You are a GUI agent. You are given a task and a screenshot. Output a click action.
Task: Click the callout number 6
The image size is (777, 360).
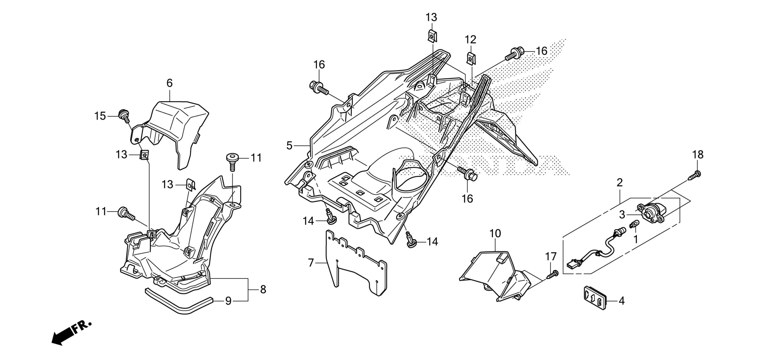(x=169, y=83)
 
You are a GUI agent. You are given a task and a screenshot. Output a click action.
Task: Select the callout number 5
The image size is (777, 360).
(x=289, y=146)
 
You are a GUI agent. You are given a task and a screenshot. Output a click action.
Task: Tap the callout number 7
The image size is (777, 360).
(x=310, y=263)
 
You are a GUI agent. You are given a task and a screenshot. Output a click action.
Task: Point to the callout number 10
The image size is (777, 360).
(x=495, y=234)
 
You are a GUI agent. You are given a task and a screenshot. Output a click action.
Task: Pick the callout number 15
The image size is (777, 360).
(x=100, y=116)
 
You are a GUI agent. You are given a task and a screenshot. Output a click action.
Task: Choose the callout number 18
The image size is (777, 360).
(x=698, y=155)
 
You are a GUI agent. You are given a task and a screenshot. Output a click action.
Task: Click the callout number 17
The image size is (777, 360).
(x=551, y=257)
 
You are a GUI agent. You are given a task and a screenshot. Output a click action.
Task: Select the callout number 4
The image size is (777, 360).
(x=621, y=301)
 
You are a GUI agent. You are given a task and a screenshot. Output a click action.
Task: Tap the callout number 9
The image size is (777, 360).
(x=228, y=301)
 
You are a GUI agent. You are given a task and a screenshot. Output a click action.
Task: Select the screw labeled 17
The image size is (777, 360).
(x=553, y=274)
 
